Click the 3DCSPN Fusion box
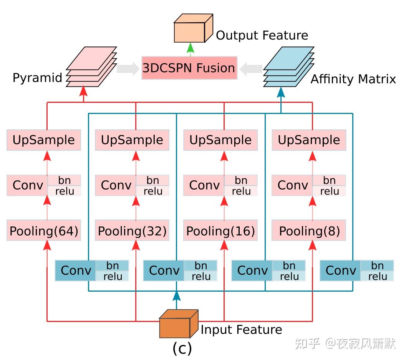[x=189, y=68]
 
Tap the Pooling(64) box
[x=44, y=231]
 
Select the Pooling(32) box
[x=132, y=231]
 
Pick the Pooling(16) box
[x=220, y=231]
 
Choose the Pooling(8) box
[x=309, y=231]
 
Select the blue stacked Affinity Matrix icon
[x=288, y=67]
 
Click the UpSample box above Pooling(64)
[x=44, y=140]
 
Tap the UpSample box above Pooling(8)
[x=309, y=140]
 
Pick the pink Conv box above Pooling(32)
[x=116, y=185]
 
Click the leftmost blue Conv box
[x=76, y=271]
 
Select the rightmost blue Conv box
[x=340, y=271]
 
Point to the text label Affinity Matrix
[x=353, y=79]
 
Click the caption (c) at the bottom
[x=182, y=348]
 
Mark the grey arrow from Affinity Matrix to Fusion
[x=251, y=69]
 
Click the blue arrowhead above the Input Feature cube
[x=176, y=296]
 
